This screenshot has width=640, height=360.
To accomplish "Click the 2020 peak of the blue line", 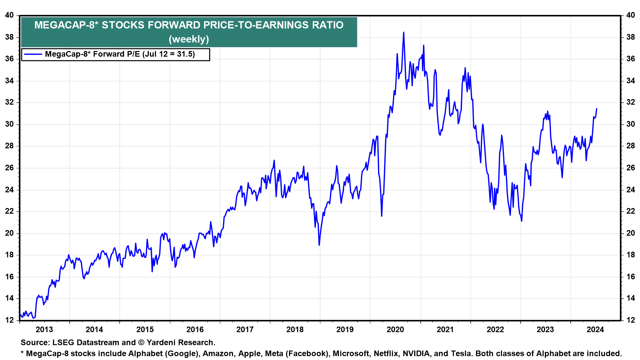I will pyautogui.click(x=404, y=33).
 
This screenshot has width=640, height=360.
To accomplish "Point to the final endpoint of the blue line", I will pyautogui.click(x=596, y=109).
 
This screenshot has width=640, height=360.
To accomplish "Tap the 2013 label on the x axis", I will pyautogui.click(x=44, y=330).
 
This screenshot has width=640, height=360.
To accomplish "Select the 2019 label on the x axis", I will pyautogui.click(x=345, y=330).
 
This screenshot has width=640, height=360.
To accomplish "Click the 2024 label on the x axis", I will pyautogui.click(x=595, y=330).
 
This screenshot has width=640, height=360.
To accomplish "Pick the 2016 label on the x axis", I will pyautogui.click(x=195, y=330).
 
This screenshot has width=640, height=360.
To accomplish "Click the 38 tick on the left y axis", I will pyautogui.click(x=10, y=37).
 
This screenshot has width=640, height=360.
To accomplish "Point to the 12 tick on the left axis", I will pyautogui.click(x=10, y=320).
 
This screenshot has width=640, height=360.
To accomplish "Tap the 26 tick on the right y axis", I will pyautogui.click(x=631, y=168).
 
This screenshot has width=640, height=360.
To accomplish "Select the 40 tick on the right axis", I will pyautogui.click(x=631, y=15).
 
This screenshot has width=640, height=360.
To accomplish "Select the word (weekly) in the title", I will pyautogui.click(x=189, y=39).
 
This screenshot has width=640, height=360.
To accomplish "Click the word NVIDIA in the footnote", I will pyautogui.click(x=416, y=354).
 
